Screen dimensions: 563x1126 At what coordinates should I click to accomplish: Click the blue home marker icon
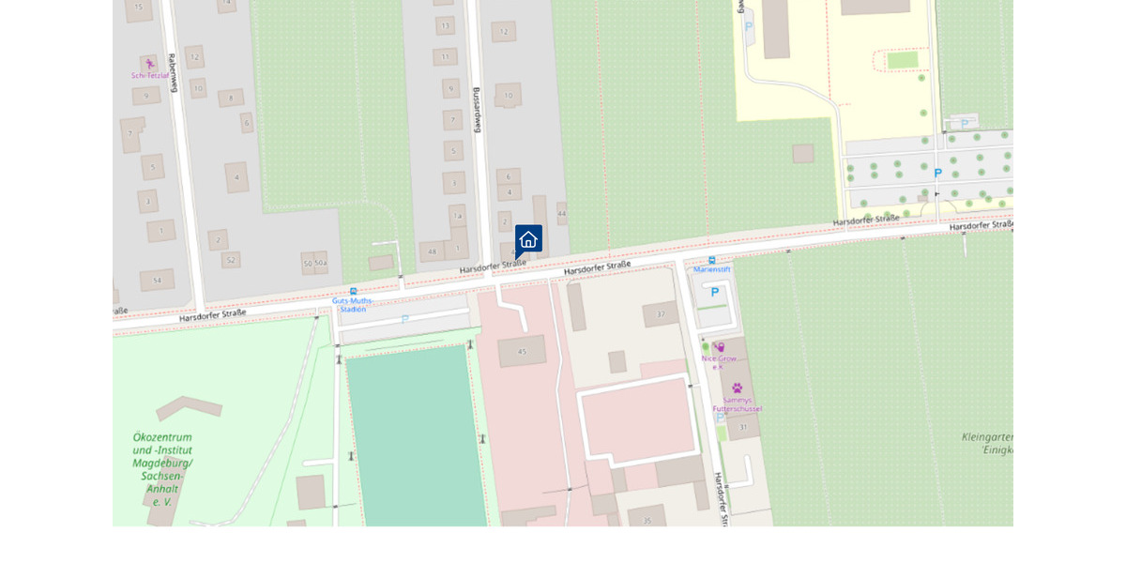(528, 239)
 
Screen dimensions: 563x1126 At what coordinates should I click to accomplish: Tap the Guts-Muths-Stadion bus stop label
(353, 304)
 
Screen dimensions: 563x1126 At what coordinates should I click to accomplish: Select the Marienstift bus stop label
(712, 269)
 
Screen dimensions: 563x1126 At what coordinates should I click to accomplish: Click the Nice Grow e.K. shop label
(719, 361)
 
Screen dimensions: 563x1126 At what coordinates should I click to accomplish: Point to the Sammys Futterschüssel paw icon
(737, 388)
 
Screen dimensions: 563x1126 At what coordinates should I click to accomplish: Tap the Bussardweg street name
(477, 109)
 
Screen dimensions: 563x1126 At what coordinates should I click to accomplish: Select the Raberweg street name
(173, 72)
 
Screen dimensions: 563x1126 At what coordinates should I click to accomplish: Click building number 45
(522, 352)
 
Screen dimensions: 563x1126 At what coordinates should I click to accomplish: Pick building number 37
(661, 314)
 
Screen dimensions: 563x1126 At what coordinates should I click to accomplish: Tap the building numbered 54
(157, 280)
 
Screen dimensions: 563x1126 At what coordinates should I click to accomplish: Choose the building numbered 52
(231, 260)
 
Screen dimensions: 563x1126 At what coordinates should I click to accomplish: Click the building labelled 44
(562, 214)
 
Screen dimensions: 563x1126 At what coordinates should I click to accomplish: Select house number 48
(432, 251)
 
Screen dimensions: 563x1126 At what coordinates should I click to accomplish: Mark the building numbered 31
(743, 427)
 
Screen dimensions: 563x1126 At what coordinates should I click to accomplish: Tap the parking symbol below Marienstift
(715, 293)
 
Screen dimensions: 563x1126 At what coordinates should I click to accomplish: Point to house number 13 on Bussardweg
(445, 25)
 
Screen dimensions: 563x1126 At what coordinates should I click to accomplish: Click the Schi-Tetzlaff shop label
(150, 75)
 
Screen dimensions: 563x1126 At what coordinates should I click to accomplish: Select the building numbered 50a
(321, 264)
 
